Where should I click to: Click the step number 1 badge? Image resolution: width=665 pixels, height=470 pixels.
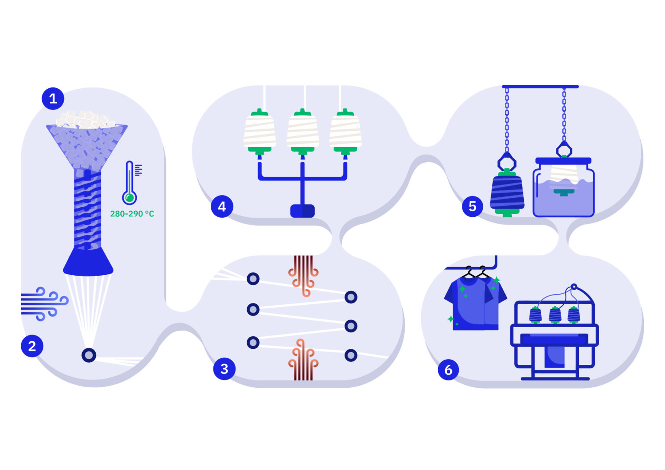[53, 99]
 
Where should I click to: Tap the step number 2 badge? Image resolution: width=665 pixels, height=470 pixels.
[32, 346]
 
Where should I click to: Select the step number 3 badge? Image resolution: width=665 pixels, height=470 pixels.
[224, 369]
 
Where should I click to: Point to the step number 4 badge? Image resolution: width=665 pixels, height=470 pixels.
[222, 206]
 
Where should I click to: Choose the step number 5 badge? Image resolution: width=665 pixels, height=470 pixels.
[472, 206]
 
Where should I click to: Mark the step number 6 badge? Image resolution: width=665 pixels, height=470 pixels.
[449, 370]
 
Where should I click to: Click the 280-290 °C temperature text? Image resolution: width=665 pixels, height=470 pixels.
[132, 214]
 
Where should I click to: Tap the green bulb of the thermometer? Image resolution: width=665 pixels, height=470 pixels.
[129, 198]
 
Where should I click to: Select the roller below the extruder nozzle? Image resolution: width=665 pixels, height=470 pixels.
[89, 355]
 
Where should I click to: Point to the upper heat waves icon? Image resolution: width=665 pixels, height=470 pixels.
[303, 275]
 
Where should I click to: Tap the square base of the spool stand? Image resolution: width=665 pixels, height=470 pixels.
[302, 211]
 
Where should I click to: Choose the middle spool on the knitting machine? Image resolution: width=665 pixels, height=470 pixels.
[555, 315]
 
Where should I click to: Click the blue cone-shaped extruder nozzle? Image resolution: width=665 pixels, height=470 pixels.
[88, 261]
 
